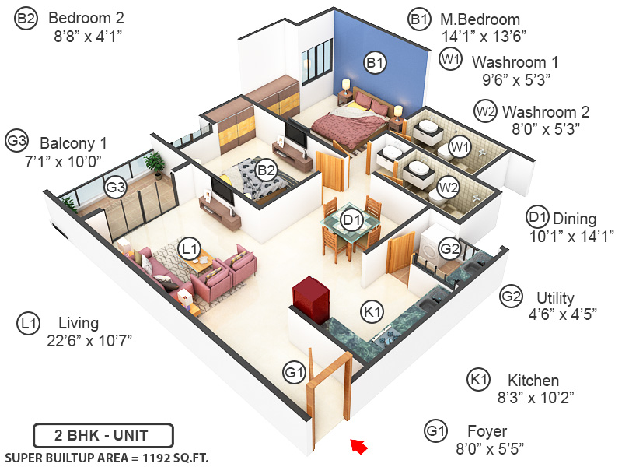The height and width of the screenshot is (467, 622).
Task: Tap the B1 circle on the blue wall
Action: point(376,61)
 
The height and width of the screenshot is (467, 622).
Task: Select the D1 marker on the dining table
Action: point(351,221)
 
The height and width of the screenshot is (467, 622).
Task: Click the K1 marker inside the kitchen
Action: point(373,311)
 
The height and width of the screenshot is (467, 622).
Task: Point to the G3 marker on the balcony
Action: point(116,187)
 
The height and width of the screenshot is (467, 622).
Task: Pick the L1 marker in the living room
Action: point(188,248)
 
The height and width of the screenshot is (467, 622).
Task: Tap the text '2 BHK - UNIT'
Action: point(103,434)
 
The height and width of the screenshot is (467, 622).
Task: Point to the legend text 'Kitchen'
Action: point(533,381)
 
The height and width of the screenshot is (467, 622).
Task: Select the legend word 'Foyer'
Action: point(487,431)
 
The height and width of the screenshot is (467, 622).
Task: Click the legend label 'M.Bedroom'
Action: point(480,19)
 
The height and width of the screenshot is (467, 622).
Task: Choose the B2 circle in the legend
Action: point(26,19)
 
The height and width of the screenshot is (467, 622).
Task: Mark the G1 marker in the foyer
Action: point(294,373)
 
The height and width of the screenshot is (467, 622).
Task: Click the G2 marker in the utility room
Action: point(449,248)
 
